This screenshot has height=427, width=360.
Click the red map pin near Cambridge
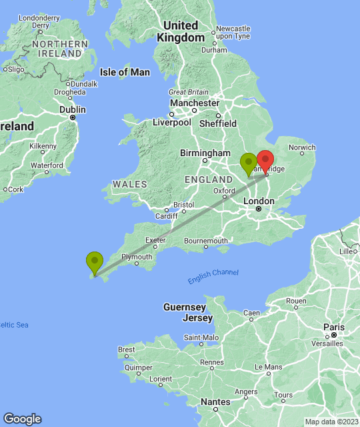point(265,162)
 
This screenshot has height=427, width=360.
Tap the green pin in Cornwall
point(95,262)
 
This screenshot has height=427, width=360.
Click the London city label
point(261,201)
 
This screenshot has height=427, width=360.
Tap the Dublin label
point(73,109)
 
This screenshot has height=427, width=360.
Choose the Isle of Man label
point(125,72)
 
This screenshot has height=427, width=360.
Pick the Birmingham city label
point(205,153)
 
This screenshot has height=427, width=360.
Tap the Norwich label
point(302,147)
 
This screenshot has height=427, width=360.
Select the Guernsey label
point(185,307)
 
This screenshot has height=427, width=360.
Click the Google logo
point(22,419)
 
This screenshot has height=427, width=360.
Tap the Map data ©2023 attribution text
point(331,422)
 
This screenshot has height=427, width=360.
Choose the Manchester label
point(194,103)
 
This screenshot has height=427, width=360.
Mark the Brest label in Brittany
point(126,350)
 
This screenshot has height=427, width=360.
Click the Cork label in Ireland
point(16,189)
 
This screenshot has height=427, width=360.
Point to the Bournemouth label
point(206,240)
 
